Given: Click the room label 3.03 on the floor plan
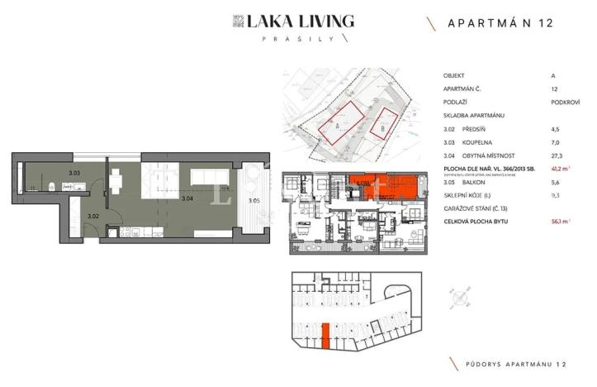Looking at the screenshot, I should (74, 173).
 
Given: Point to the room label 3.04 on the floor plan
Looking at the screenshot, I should (187, 199).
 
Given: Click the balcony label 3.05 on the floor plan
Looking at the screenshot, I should (253, 199).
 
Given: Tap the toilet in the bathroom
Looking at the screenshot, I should (51, 185).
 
